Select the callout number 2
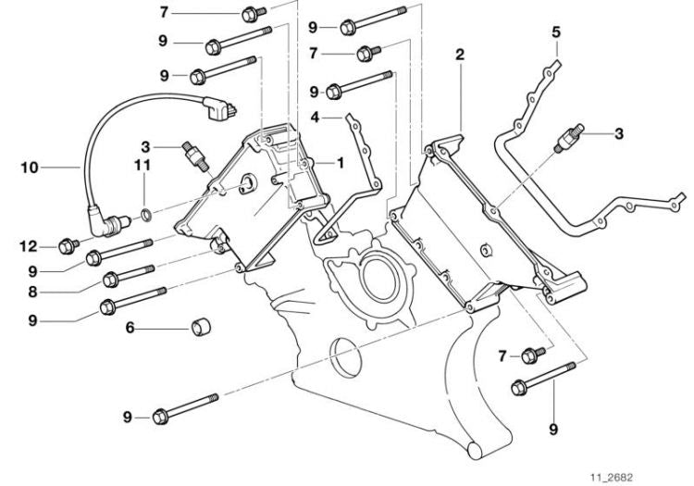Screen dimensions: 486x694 pos(459,56)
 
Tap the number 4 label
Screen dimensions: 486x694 pos(315,118)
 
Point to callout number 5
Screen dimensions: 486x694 pos(556,32)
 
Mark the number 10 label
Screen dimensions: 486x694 pos(29,168)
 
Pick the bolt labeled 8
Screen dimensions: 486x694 pos(129,275)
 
